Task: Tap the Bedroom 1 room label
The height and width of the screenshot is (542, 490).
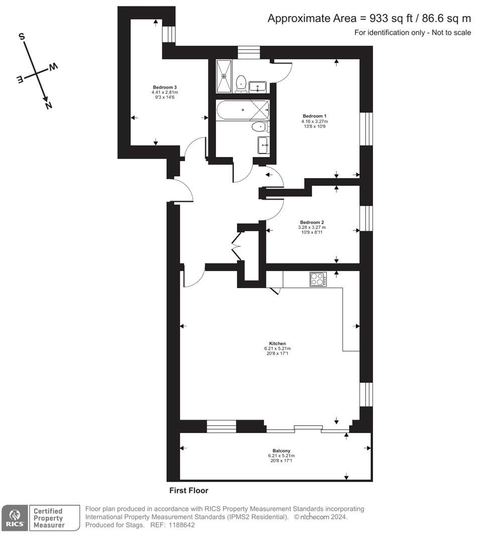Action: (x=314, y=116)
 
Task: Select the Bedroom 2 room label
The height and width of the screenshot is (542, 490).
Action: (x=312, y=222)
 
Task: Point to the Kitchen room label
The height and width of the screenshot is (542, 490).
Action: (x=277, y=344)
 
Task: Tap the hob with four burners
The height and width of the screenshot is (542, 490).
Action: (x=318, y=279)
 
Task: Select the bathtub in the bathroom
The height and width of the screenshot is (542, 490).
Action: (x=242, y=109)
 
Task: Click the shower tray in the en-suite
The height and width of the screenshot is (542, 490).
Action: (x=224, y=76)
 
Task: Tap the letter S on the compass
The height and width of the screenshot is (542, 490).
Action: (x=22, y=36)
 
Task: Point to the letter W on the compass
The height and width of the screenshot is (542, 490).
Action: (x=53, y=67)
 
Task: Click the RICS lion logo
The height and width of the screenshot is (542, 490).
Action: (x=15, y=518)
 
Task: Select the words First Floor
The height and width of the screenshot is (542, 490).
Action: (x=189, y=490)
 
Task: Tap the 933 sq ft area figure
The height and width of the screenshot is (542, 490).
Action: (x=390, y=19)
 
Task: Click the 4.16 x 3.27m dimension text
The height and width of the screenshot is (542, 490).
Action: (x=314, y=121)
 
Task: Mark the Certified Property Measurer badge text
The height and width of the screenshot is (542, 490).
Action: (x=49, y=518)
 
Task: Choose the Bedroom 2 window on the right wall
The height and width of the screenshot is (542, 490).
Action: (x=366, y=219)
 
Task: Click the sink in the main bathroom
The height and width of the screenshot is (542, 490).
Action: (x=263, y=146)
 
